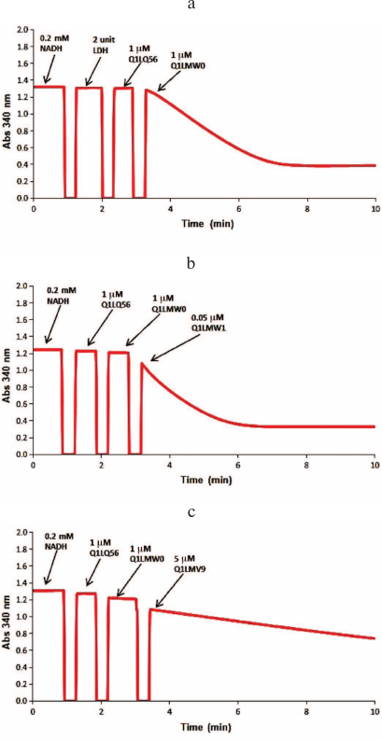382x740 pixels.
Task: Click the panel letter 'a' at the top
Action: coord(191,7)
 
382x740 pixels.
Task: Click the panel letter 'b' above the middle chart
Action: coord(191,264)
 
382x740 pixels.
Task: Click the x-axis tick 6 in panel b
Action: coord(238,464)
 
